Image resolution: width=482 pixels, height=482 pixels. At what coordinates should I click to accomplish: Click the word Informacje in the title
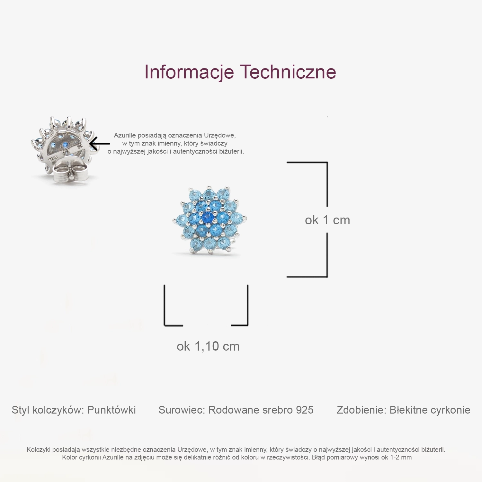pos(189,72)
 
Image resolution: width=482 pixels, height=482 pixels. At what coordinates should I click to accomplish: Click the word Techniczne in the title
pos(288,72)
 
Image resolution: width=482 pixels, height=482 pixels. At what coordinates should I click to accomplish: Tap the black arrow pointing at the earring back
pos(100,143)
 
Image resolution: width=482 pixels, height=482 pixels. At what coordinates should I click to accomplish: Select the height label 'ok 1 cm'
pos(327,220)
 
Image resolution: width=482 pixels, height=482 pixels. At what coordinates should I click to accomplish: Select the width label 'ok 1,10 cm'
pos(208,346)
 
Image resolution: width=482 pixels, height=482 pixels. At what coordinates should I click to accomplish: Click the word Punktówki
pos(112,410)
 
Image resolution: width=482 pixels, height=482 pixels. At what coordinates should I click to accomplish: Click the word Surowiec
pos(182,410)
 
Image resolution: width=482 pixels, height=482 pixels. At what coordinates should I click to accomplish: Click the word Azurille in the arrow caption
pos(125,135)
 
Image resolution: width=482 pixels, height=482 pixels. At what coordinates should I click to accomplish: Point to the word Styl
pos(21,410)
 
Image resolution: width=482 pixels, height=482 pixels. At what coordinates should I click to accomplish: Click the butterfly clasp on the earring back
pos(69,172)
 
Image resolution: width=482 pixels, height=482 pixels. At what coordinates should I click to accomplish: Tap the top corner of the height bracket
pos(327,163)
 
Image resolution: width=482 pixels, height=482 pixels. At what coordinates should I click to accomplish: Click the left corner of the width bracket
pos(165,325)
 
